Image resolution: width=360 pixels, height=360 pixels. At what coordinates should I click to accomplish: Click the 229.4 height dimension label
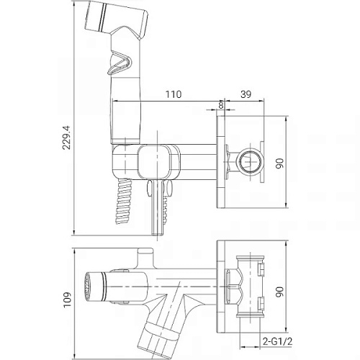tap(66, 138)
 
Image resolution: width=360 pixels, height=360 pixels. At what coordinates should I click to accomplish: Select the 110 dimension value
tap(174, 94)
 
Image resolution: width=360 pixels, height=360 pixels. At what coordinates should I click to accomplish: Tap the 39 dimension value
tap(246, 94)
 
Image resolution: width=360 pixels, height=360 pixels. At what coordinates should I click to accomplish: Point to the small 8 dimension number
tap(221, 105)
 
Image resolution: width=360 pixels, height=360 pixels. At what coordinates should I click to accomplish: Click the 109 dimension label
tap(68, 300)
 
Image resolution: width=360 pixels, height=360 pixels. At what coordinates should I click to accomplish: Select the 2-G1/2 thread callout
tap(278, 341)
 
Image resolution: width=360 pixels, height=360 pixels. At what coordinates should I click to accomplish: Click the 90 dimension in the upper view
tap(280, 163)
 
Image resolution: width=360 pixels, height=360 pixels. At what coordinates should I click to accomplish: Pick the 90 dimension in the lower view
tap(280, 292)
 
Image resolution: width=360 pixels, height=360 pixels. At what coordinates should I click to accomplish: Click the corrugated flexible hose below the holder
tap(125, 201)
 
